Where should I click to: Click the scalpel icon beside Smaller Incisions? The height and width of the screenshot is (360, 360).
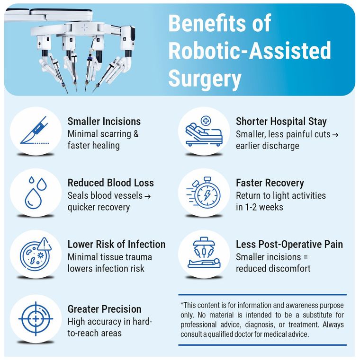click(35, 130)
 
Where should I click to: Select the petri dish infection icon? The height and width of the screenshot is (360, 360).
click(35, 254)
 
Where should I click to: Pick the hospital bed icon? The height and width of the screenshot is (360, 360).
click(203, 130)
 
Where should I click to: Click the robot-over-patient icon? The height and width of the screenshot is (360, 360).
click(203, 254)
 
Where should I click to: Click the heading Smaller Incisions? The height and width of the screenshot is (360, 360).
click(104, 122)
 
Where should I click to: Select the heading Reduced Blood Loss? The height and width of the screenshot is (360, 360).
click(111, 183)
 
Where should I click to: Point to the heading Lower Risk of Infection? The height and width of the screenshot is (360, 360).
click(117, 245)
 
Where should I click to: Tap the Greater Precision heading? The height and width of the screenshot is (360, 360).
click(105, 309)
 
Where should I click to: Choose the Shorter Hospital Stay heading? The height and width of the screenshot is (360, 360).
click(281, 122)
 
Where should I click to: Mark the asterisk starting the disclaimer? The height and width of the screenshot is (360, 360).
click(182, 305)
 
